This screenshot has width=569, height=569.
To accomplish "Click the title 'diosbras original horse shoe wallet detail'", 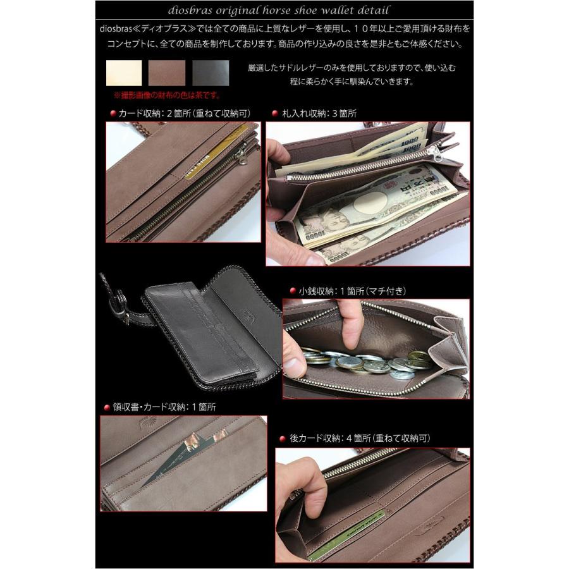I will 284,11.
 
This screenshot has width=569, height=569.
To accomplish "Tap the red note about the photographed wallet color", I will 166,95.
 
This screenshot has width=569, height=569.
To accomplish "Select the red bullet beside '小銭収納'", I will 293,291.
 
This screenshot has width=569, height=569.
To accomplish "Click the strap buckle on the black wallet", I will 117,310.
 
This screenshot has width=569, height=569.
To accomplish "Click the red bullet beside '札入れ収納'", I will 275,114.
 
